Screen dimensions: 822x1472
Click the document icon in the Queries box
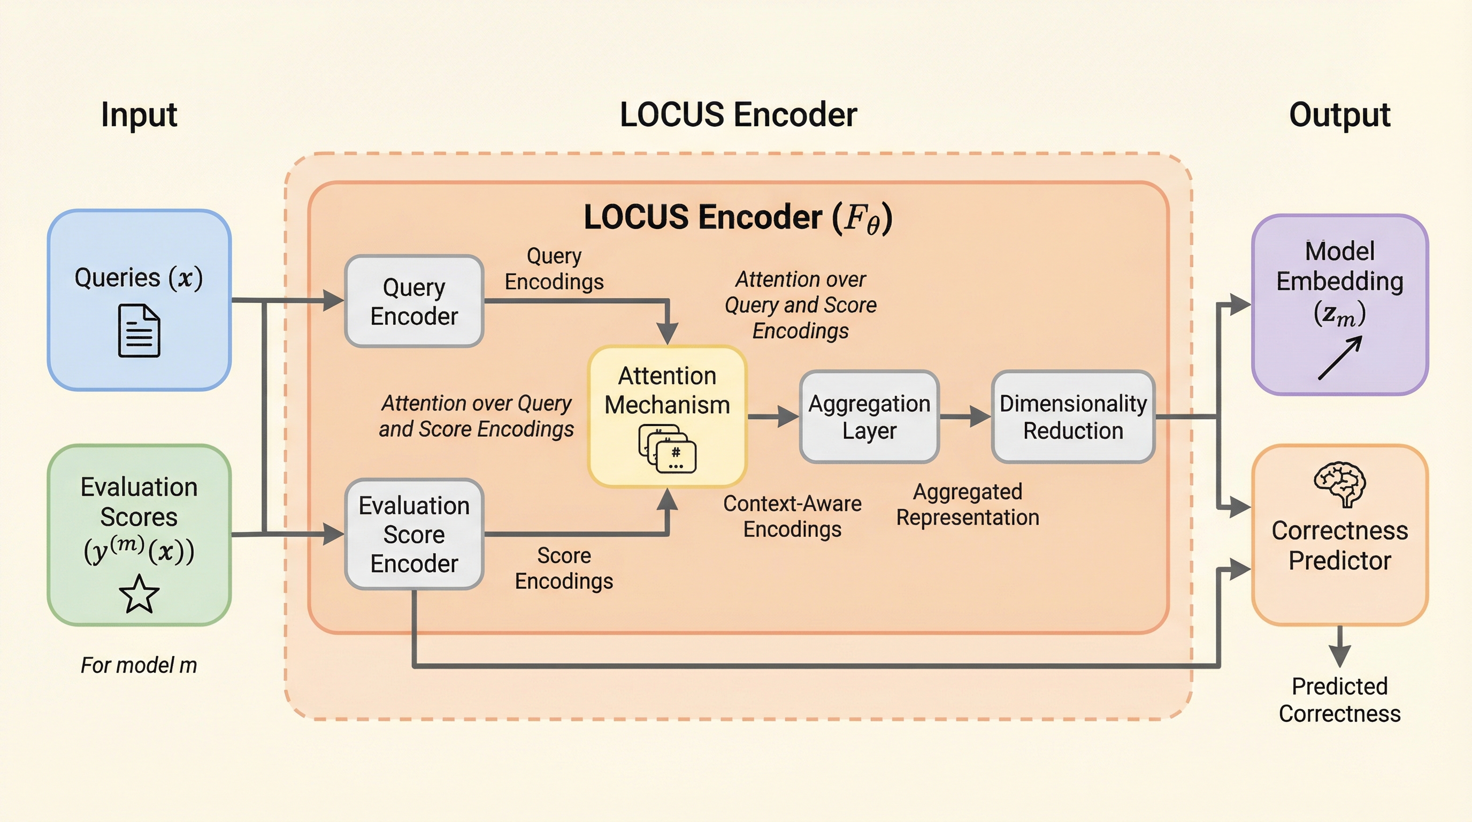(139, 331)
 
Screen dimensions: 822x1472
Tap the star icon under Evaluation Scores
(139, 594)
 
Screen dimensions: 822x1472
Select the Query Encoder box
(415, 301)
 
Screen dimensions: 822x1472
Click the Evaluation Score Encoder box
(415, 534)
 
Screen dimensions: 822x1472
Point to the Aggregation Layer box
(869, 417)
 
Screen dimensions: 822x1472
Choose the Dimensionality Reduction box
(1073, 417)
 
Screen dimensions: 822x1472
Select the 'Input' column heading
(139, 115)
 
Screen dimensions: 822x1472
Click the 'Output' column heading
(1339, 115)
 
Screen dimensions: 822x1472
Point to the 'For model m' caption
(139, 665)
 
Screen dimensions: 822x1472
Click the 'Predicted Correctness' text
(1339, 699)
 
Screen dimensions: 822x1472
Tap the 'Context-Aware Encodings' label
(792, 516)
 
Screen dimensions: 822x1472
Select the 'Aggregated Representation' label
(968, 504)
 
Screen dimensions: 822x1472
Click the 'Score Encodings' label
(564, 568)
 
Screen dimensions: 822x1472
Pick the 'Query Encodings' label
(554, 269)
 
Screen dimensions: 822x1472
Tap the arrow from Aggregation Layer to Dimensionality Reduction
(965, 417)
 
